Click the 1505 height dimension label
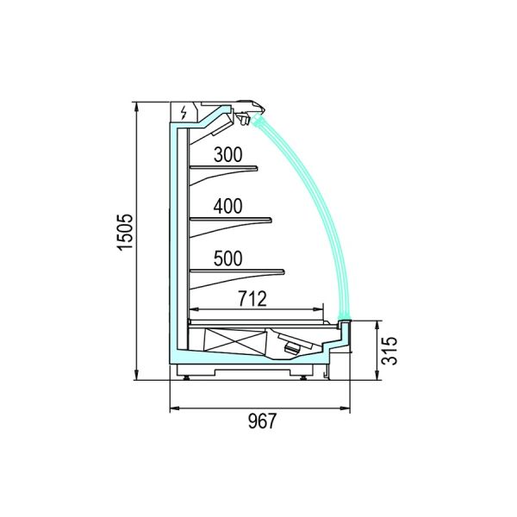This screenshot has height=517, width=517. (x=126, y=233)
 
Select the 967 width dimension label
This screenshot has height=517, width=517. (x=262, y=421)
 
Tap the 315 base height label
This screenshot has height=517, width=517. (x=389, y=351)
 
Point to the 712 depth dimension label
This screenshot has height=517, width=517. (x=252, y=299)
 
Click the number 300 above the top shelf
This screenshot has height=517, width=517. (x=227, y=154)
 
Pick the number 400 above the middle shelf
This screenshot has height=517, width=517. (x=227, y=206)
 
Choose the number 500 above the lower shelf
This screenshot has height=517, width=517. (x=227, y=258)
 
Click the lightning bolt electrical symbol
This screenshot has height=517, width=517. (x=184, y=112)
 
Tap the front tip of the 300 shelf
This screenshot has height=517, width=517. (x=257, y=169)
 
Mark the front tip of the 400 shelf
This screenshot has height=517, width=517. (x=271, y=220)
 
